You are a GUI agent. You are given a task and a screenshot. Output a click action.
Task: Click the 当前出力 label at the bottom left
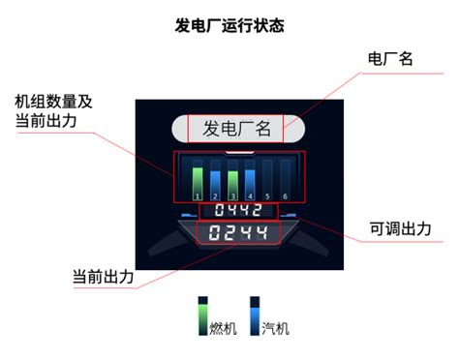[x=103, y=275]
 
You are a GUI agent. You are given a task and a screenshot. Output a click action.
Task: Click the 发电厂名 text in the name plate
[x=236, y=128]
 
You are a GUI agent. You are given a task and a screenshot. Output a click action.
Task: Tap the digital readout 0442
[x=238, y=210]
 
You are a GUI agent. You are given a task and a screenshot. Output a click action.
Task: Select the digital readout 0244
[x=238, y=232]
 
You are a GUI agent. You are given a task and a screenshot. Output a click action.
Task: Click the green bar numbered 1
[x=198, y=180]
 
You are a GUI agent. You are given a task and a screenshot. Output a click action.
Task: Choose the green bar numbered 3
[x=232, y=180]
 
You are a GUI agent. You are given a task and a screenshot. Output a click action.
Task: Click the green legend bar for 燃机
[x=204, y=315]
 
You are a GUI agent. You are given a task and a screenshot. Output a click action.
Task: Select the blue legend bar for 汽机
[x=256, y=315]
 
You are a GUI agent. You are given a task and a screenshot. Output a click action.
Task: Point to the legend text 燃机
[x=223, y=328]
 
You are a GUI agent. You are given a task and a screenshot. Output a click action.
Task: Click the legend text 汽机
[x=275, y=328]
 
